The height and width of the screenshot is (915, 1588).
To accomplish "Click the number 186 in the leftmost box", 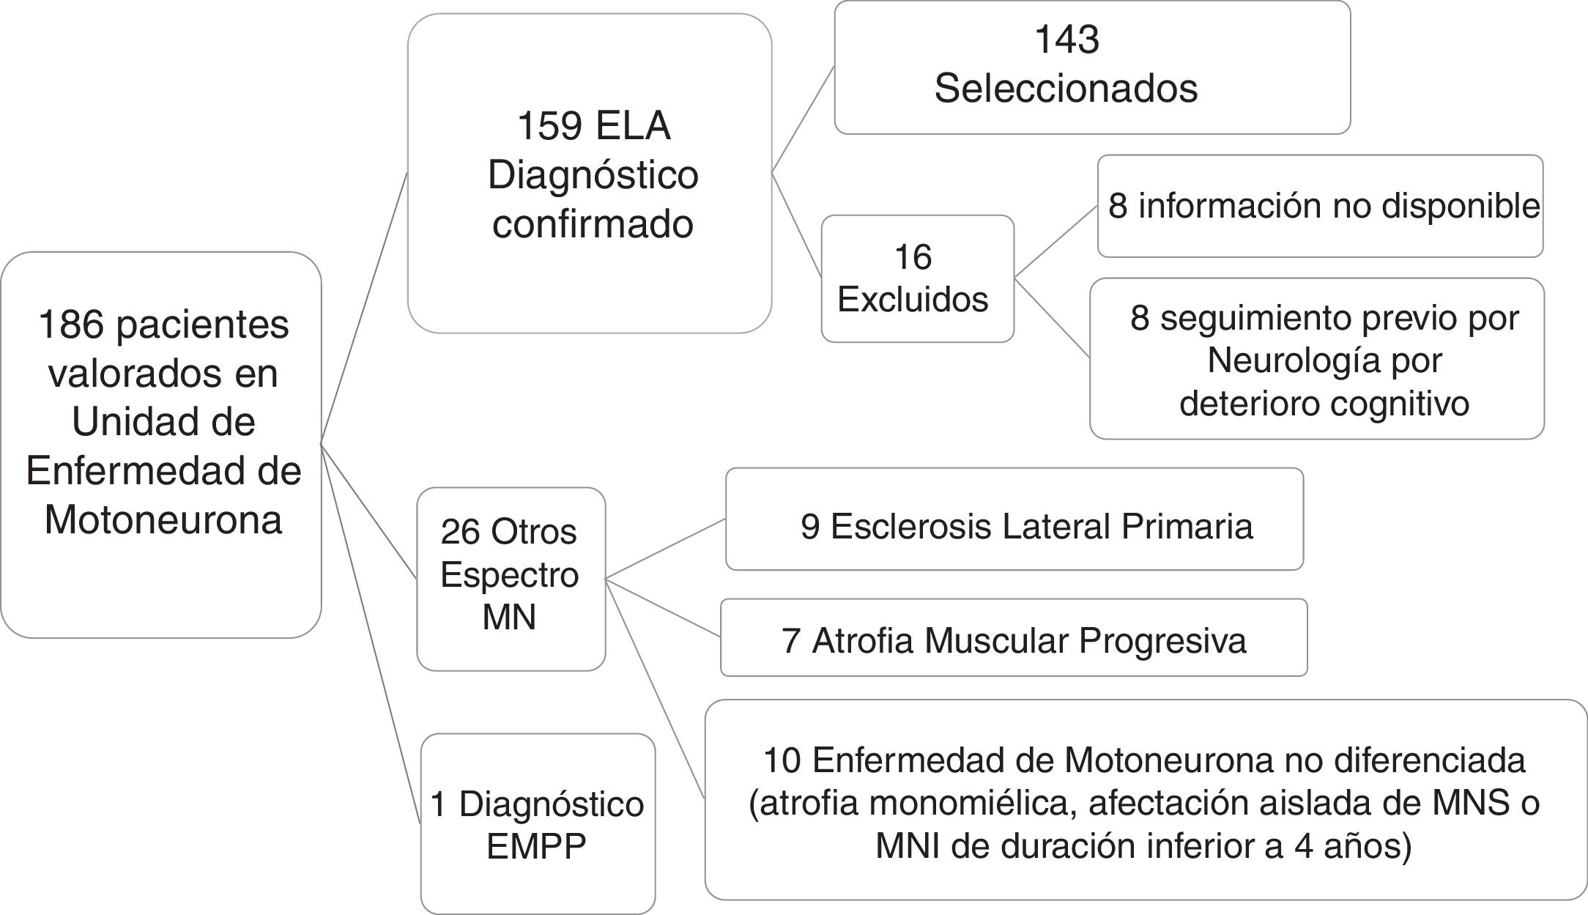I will [71, 325].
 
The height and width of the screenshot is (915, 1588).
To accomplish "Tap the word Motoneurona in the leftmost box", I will [163, 520].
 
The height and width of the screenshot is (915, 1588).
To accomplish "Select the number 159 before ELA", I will [549, 126].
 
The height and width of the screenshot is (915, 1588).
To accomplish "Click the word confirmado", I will [593, 224].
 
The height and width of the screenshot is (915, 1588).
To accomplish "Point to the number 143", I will [1066, 40].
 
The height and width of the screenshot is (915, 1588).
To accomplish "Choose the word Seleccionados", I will [1066, 89].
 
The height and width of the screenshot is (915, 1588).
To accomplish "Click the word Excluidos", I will [913, 300].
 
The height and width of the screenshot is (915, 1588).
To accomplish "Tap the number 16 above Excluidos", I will [913, 257].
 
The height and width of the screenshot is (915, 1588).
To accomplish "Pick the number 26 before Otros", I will [460, 532].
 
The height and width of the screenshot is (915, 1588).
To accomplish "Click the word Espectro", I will [510, 574].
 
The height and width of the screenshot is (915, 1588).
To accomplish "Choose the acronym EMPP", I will [536, 848].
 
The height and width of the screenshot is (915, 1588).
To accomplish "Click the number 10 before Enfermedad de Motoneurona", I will [782, 761].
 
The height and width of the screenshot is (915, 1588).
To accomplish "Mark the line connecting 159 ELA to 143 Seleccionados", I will [804, 119].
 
